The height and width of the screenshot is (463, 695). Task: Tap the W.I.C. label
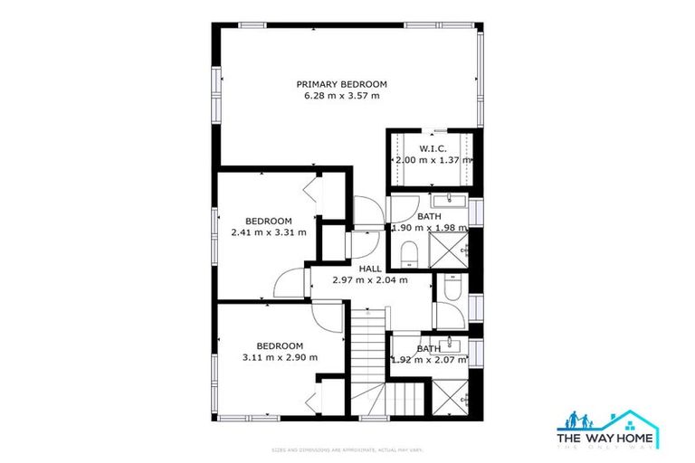pos(430,148)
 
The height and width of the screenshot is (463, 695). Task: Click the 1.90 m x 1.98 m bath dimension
pos(429,228)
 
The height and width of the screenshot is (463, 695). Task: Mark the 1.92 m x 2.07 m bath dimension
pos(429,360)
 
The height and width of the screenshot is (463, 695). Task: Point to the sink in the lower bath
pos(451,345)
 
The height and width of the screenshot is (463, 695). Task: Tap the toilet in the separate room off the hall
pos(450,288)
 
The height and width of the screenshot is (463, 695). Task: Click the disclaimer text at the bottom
pos(347,449)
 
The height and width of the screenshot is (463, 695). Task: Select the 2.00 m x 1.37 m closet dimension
pos(433,160)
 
